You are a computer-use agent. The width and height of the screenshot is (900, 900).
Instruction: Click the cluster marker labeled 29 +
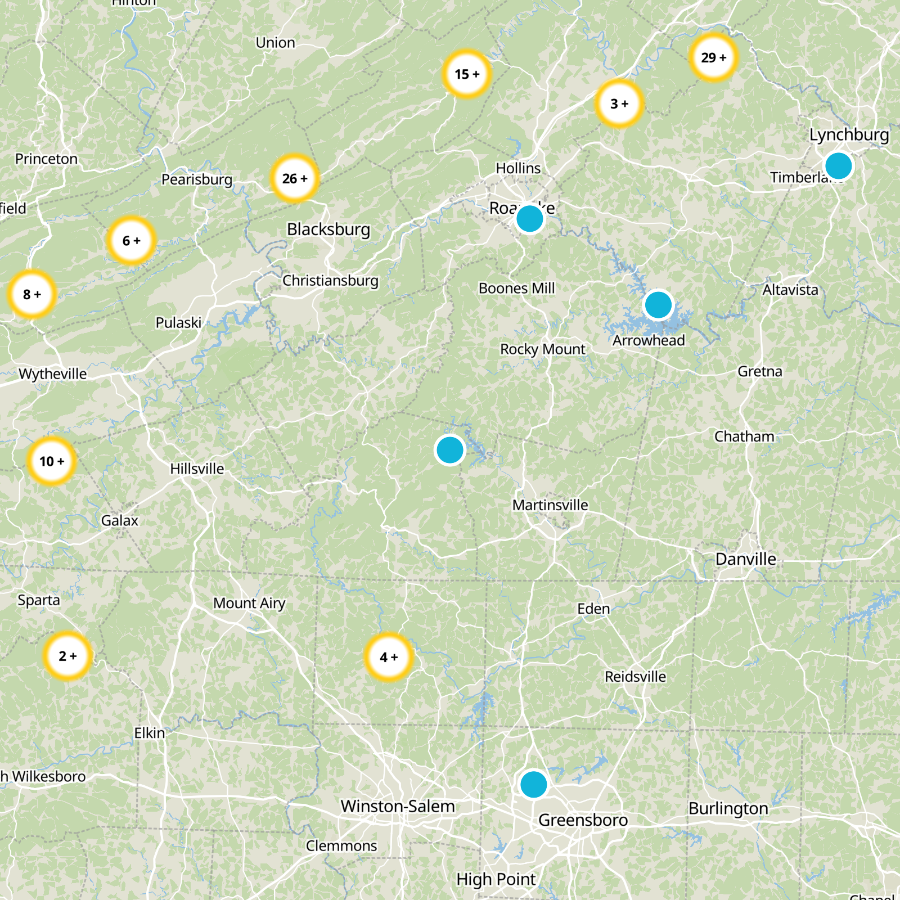[713, 57]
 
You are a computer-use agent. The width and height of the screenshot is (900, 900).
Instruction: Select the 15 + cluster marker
[467, 74]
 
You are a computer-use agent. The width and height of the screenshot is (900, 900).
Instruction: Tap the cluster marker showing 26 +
[295, 178]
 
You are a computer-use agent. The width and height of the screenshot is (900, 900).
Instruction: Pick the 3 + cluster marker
[619, 103]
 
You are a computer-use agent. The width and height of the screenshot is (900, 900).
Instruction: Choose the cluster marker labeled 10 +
[52, 461]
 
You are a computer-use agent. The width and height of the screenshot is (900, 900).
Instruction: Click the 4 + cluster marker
[389, 657]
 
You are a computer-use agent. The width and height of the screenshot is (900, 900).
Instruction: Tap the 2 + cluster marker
[67, 656]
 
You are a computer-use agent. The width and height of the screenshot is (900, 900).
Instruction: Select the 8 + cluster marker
[32, 294]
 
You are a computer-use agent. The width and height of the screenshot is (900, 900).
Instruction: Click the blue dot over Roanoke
[529, 219]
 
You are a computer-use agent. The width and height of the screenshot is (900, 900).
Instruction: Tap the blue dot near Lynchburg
[838, 166]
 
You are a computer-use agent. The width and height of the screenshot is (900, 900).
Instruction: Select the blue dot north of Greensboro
[533, 784]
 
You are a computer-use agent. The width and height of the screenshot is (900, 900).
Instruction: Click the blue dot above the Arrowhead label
[658, 305]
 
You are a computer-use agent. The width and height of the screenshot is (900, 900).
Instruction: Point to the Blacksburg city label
[328, 229]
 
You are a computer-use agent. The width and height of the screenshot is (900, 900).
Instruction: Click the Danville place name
[745, 559]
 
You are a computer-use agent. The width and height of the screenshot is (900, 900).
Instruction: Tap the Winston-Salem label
[398, 806]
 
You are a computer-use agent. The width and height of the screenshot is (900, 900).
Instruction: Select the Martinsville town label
[550, 505]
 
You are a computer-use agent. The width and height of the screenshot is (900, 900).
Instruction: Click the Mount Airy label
[249, 604]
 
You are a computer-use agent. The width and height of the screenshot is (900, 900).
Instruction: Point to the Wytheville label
[53, 374]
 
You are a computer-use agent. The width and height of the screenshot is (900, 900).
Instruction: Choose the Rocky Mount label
[543, 349]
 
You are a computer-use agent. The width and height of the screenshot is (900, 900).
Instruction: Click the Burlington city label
[728, 809]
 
